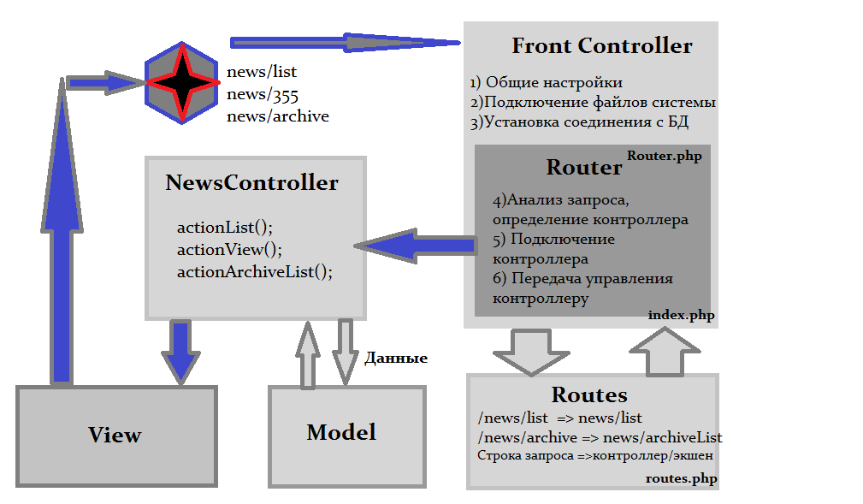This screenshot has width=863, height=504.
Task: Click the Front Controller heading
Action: pos(601,46)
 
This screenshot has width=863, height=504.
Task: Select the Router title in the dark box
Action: pos(583,167)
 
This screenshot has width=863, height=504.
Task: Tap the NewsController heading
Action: pos(251,183)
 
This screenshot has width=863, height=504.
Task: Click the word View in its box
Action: pos(115,435)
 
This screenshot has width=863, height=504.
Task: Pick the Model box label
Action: pos(341,432)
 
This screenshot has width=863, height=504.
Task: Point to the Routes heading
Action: pos(589,394)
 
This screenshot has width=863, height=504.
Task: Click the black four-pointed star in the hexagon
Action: pos(180,82)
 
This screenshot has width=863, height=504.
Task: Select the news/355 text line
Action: pos(263,94)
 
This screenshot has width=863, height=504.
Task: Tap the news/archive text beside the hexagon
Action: pos(278,116)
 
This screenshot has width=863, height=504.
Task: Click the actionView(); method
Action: pos(229,250)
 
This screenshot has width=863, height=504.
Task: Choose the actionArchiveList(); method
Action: pos(254,272)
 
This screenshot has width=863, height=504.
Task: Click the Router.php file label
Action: pos(665,156)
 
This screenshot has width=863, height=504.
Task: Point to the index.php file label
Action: pos(681,315)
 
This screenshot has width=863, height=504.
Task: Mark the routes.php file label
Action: pos(681,479)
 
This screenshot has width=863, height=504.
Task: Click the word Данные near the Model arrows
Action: pos(396,359)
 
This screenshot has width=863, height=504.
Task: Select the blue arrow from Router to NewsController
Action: pos(417,246)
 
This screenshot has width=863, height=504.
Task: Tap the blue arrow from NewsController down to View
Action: pos(180,351)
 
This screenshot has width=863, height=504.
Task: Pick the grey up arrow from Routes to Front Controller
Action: pos(665,351)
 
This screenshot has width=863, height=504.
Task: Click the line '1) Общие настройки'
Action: pos(546,83)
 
